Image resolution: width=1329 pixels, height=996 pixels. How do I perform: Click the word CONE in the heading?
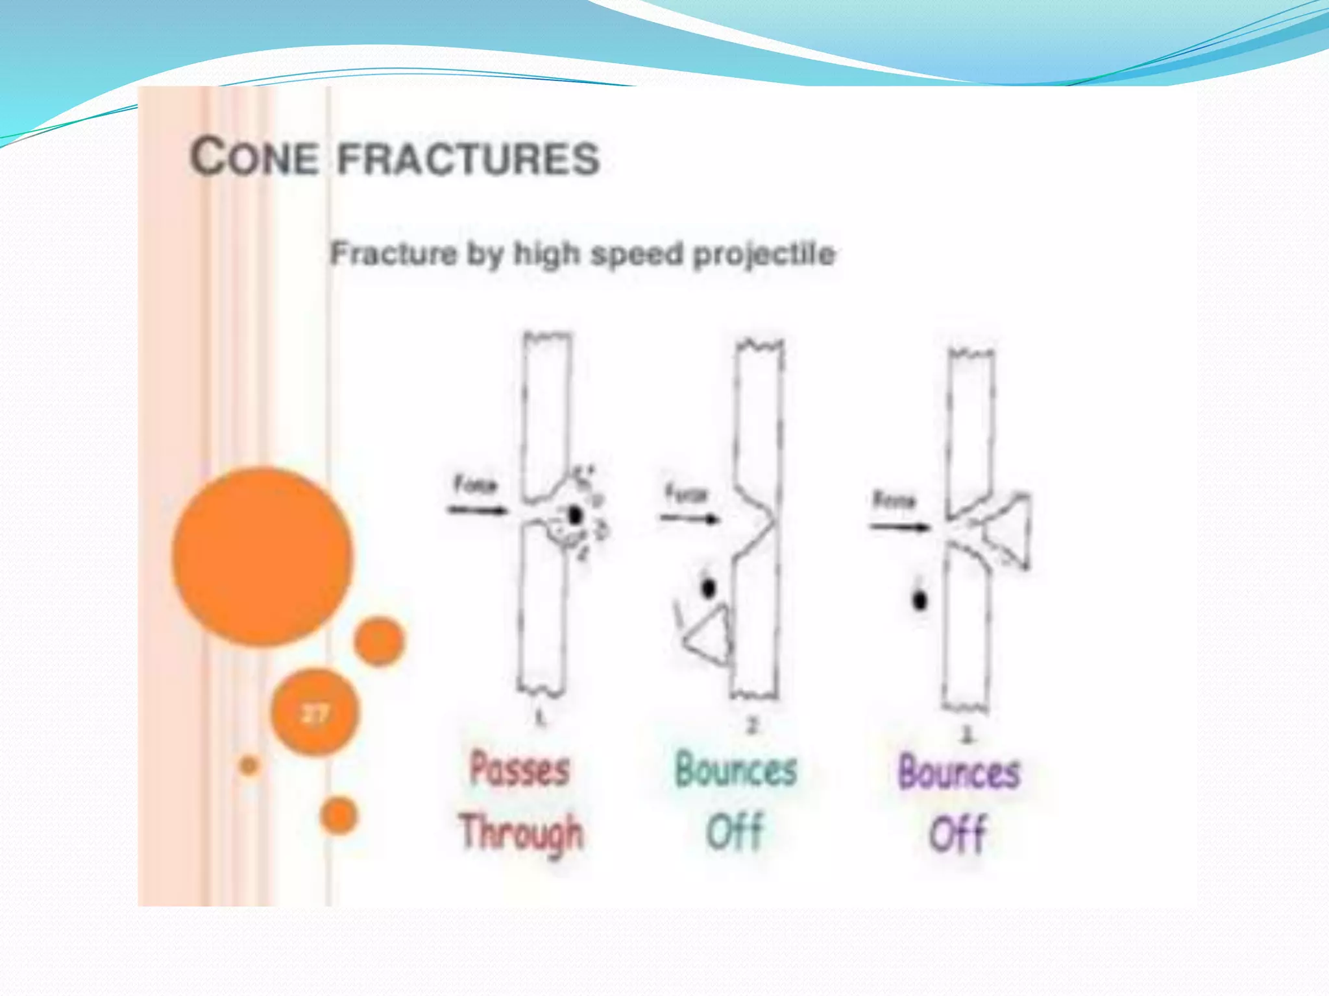pos(254,158)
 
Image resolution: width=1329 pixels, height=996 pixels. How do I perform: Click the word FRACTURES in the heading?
pos(469,160)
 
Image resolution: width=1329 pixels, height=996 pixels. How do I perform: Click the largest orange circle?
pos(263,556)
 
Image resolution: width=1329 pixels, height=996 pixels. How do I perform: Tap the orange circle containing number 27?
pos(315,713)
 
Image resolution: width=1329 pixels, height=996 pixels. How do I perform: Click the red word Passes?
pos(519,770)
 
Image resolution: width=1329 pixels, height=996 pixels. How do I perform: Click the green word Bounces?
pos(736,770)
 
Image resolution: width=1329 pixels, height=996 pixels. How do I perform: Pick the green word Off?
pos(735,832)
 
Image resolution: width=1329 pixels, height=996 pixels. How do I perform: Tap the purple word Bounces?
pos(959,772)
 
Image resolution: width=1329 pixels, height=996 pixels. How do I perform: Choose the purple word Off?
pos(958,834)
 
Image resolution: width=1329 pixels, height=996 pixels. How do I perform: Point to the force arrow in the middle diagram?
pos(690,518)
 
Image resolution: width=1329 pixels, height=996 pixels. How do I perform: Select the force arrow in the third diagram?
pos(899,527)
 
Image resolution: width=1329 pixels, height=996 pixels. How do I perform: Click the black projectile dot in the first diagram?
pos(574,516)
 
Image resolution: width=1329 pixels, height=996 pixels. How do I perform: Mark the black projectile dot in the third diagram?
pos(920,600)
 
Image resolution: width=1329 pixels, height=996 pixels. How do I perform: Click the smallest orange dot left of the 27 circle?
pos(249,766)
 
